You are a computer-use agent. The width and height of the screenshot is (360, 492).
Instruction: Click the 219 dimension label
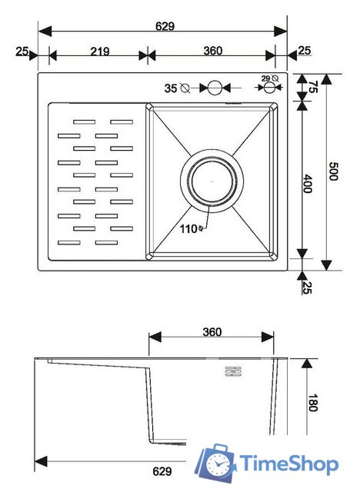click(100, 52)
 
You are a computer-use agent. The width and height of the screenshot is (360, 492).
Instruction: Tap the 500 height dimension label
click(333, 171)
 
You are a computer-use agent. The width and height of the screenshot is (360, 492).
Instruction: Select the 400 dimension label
click(308, 184)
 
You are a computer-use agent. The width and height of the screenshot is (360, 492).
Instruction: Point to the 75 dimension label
click(313, 87)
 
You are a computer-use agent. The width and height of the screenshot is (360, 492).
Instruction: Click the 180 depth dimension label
click(313, 403)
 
